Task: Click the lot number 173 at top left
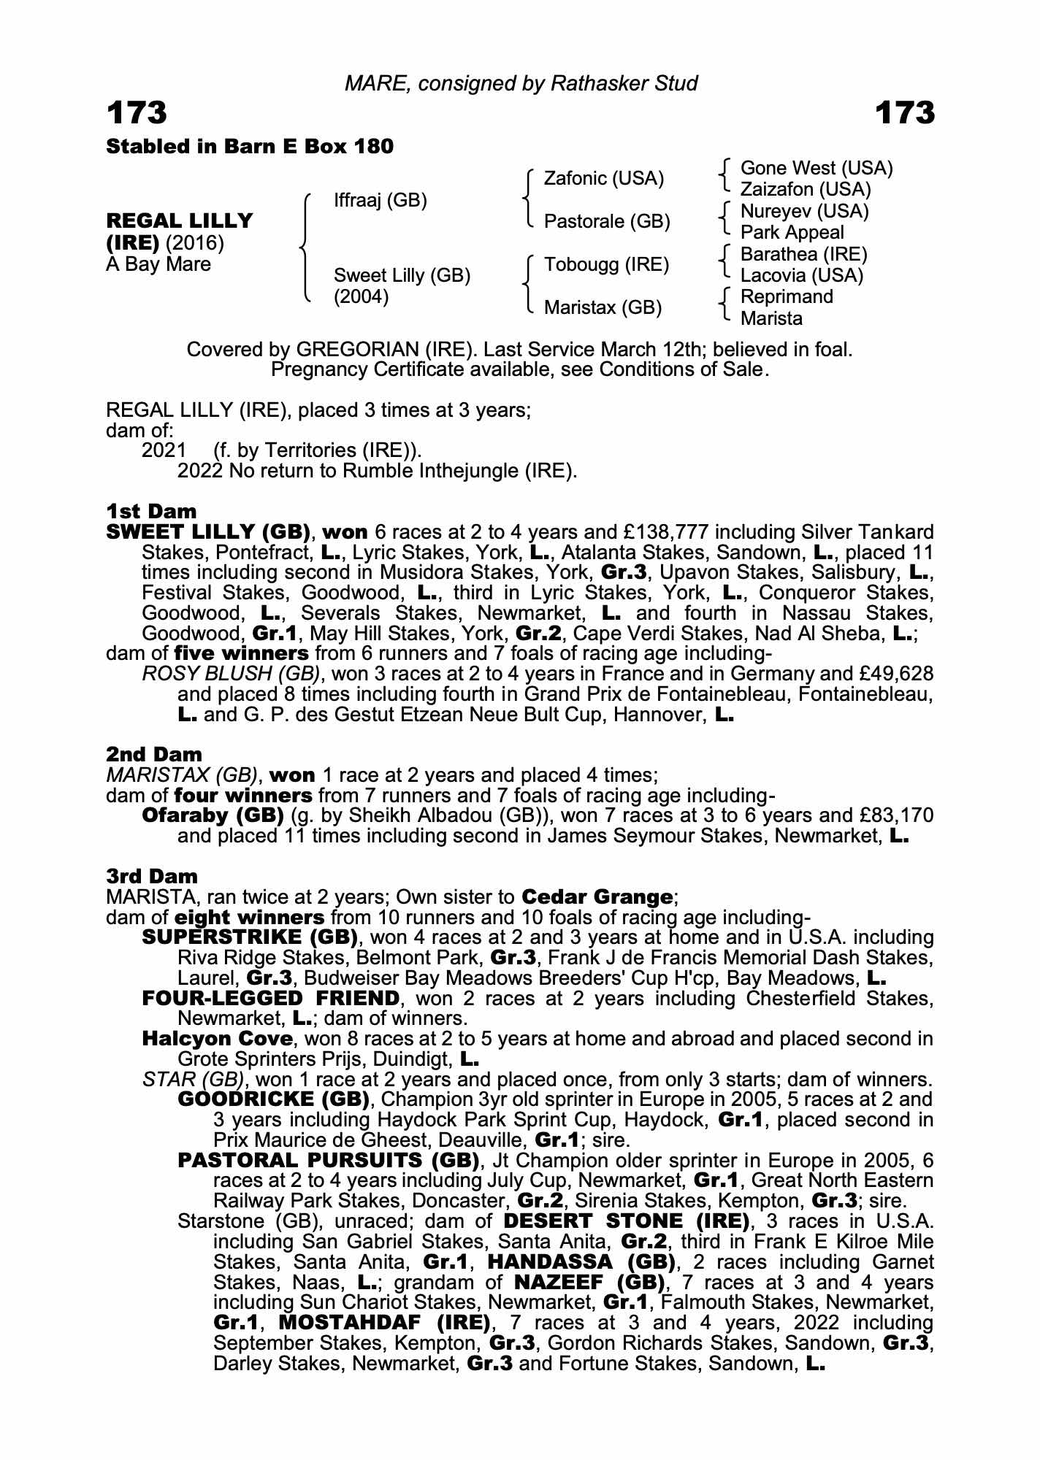pos(137,113)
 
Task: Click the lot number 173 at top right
pos(904,113)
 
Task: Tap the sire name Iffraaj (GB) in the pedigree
pos(380,200)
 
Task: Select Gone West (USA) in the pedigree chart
pos(817,169)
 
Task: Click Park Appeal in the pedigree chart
pos(792,232)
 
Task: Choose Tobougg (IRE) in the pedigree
pos(606,264)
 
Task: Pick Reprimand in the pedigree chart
pos(787,296)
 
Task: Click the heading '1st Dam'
pos(151,510)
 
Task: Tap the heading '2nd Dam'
pos(154,754)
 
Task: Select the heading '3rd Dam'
pos(152,876)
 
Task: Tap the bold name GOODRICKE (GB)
pos(273,1099)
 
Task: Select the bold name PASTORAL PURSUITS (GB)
pos(328,1161)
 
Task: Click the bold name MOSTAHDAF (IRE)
pos(384,1323)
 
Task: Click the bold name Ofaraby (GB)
pos(213,815)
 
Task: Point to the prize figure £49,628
pos(898,673)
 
